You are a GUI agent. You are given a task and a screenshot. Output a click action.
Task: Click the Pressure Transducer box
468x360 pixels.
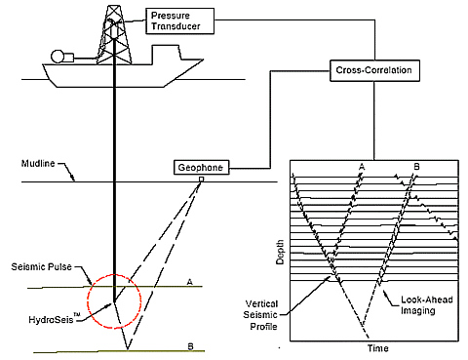pyautogui.click(x=180, y=21)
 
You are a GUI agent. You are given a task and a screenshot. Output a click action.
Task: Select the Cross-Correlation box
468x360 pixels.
pyautogui.click(x=374, y=70)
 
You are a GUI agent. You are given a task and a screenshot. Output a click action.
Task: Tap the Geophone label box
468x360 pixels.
pyautogui.click(x=202, y=168)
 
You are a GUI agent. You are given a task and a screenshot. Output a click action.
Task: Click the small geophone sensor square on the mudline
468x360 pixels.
pyautogui.click(x=202, y=180)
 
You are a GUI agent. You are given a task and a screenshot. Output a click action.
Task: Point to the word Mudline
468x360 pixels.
pyautogui.click(x=38, y=163)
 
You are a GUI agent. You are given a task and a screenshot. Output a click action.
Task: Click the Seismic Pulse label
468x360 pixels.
pyautogui.click(x=41, y=266)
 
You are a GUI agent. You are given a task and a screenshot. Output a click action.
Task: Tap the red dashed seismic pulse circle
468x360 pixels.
pyautogui.click(x=87, y=301)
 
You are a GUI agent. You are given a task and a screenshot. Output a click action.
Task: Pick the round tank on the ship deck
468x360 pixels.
pyautogui.click(x=58, y=56)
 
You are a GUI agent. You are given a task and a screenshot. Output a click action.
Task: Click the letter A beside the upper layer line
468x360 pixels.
pyautogui.click(x=190, y=282)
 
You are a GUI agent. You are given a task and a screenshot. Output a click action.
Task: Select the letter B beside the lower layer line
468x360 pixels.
pyautogui.click(x=191, y=346)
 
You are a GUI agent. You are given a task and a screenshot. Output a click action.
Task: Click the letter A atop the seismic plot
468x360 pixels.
pyautogui.click(x=362, y=167)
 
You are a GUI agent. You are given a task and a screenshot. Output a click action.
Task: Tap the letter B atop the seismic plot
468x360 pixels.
pyautogui.click(x=416, y=167)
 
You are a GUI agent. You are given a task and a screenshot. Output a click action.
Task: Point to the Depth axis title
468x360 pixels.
pyautogui.click(x=280, y=252)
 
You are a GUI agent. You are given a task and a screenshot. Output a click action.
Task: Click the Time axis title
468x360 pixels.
pyautogui.click(x=378, y=348)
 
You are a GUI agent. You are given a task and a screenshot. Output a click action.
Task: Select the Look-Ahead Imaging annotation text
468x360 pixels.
pyautogui.click(x=427, y=305)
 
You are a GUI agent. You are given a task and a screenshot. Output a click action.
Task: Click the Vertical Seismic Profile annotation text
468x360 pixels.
pyautogui.click(x=261, y=315)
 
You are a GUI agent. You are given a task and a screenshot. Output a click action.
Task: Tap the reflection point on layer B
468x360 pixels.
pyautogui.click(x=128, y=350)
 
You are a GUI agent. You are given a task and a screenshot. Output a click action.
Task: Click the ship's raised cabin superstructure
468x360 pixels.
pyautogui.click(x=166, y=52)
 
